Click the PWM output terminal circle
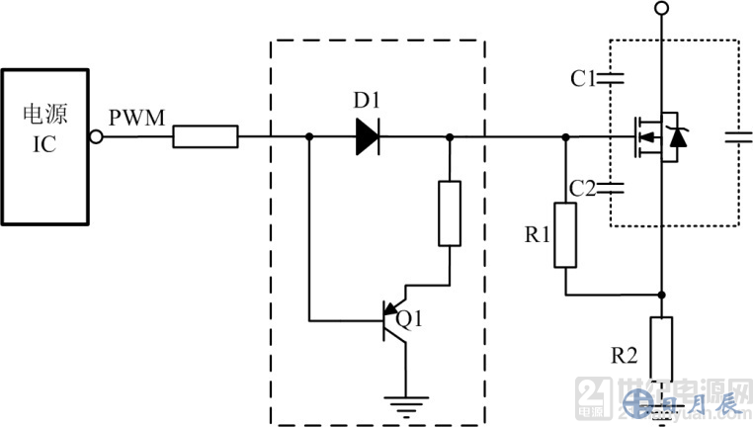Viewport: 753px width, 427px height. (96, 137)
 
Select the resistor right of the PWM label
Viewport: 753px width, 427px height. (206, 136)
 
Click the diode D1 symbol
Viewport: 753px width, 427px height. (368, 137)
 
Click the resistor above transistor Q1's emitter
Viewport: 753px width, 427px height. (450, 213)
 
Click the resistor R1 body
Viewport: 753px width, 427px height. (565, 235)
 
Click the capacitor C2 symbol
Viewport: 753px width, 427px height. (615, 187)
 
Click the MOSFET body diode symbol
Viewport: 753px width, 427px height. (677, 137)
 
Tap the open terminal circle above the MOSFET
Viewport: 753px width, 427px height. (662, 9)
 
